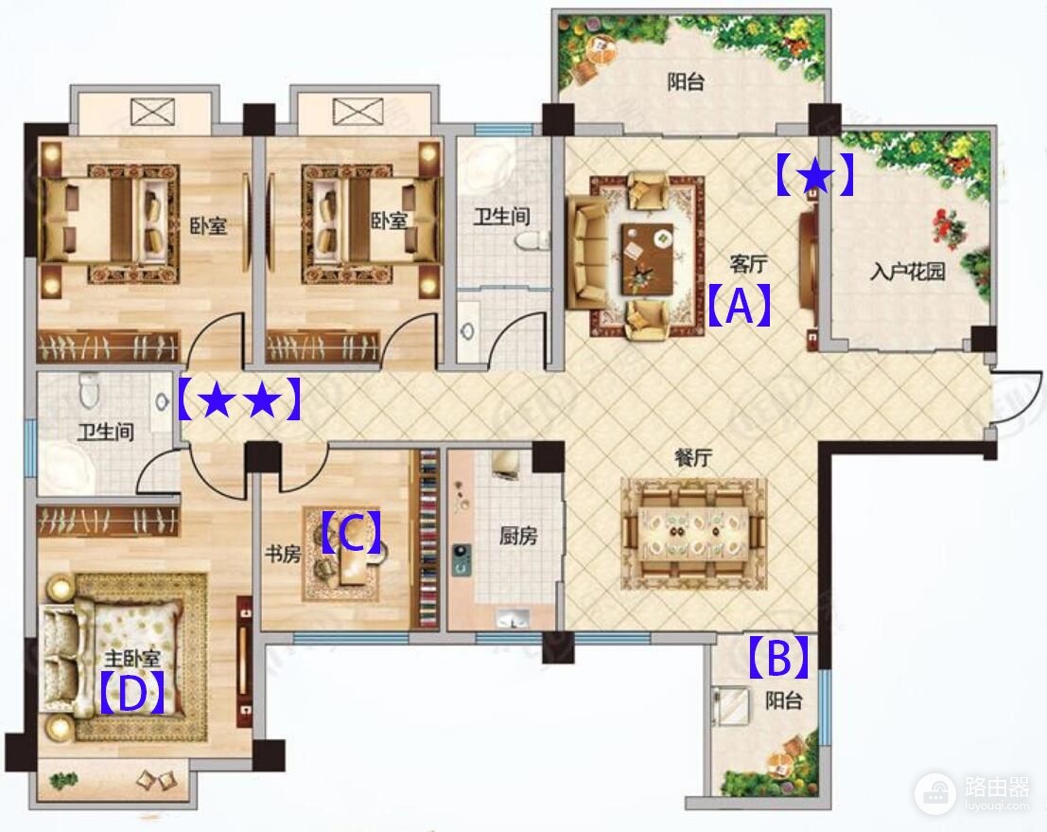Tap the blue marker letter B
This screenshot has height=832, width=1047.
778,657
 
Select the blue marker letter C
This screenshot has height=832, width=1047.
351,533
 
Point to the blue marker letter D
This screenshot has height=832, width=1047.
131,693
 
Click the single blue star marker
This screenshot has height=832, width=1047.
814,175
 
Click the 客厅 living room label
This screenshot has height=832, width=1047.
748,264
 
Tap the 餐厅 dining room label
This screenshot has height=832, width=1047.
692,458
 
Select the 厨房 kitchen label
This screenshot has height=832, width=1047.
518,536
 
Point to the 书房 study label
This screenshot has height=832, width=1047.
283,554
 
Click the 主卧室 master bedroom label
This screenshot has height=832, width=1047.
132,658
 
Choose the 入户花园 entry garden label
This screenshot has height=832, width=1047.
907,272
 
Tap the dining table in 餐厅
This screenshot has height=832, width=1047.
692,533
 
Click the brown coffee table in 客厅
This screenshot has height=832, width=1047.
647,258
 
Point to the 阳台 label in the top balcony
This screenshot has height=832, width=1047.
686,82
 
